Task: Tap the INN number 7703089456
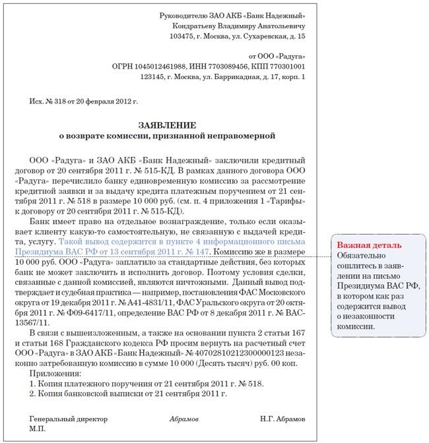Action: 230,67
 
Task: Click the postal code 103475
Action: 183,36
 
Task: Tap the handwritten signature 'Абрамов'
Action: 183,419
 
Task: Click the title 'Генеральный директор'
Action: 63,419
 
